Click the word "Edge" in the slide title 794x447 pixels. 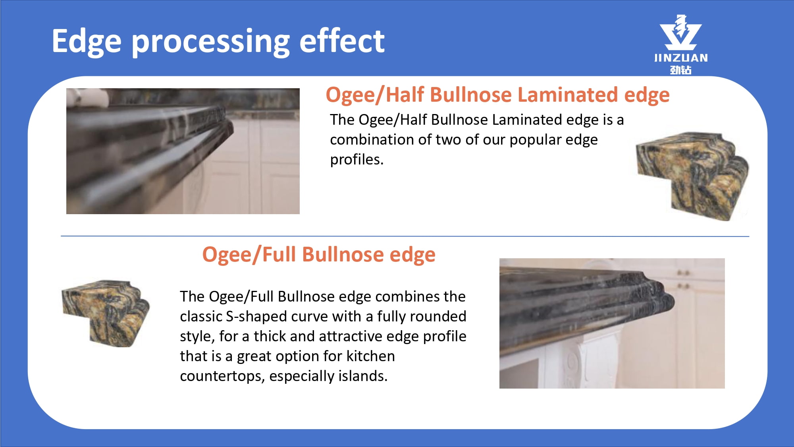[x=87, y=42]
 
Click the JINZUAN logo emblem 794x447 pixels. [x=680, y=32]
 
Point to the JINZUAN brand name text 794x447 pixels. [x=681, y=58]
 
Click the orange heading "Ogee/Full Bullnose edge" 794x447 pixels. [x=319, y=255]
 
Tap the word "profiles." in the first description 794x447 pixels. [x=357, y=160]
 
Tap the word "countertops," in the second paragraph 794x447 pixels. [x=222, y=376]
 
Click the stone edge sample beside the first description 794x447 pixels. [x=692, y=176]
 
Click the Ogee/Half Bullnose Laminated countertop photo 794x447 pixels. [x=183, y=151]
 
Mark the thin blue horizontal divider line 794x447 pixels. [x=405, y=236]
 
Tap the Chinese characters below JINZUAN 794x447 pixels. [x=681, y=70]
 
